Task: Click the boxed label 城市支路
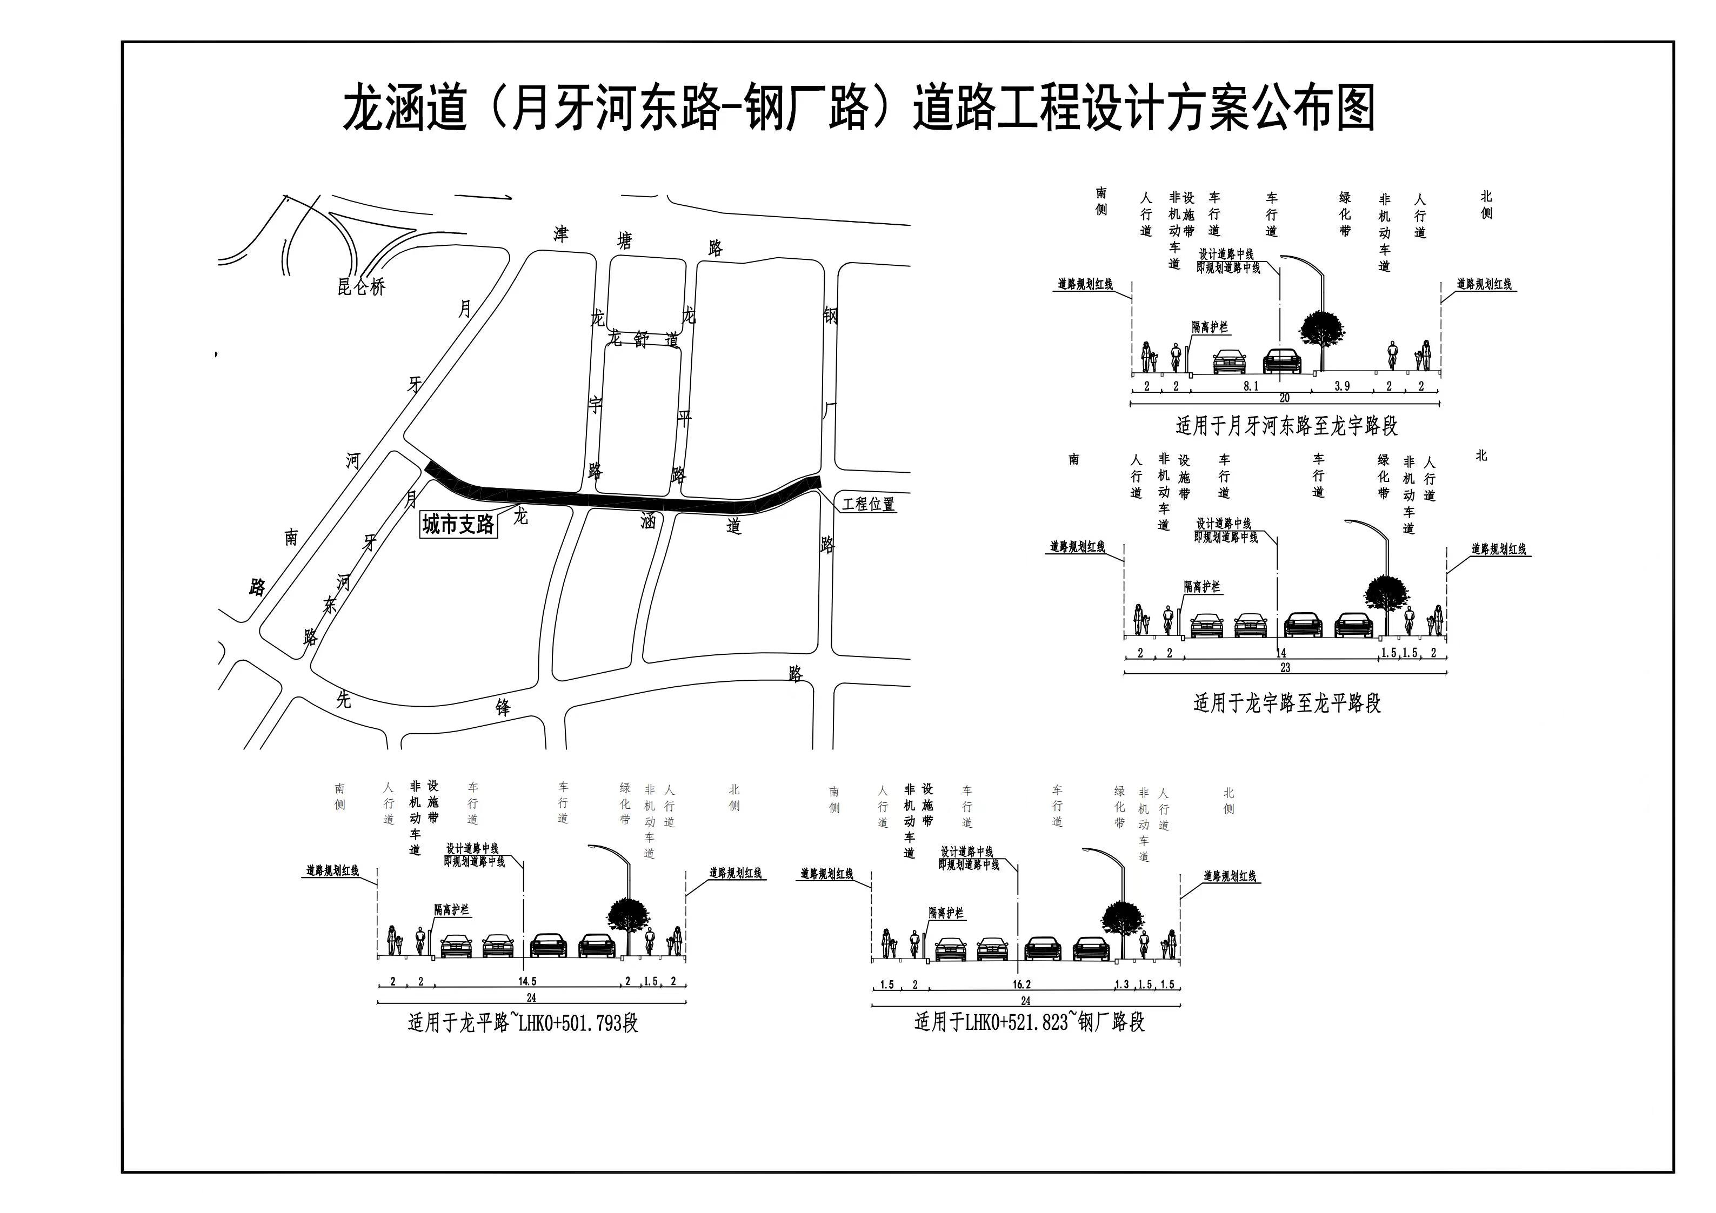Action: point(458,524)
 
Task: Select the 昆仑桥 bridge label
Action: point(361,286)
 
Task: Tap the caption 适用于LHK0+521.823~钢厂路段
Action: point(1029,1022)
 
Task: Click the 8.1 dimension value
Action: point(1251,386)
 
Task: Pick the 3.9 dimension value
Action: point(1343,386)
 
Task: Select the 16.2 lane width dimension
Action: point(1021,984)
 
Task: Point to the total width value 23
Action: point(1285,667)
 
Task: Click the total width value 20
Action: point(1284,398)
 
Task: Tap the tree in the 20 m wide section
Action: point(1321,330)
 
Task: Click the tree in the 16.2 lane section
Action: point(1123,919)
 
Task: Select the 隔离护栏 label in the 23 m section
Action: point(1202,587)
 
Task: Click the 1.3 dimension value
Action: point(1122,984)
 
